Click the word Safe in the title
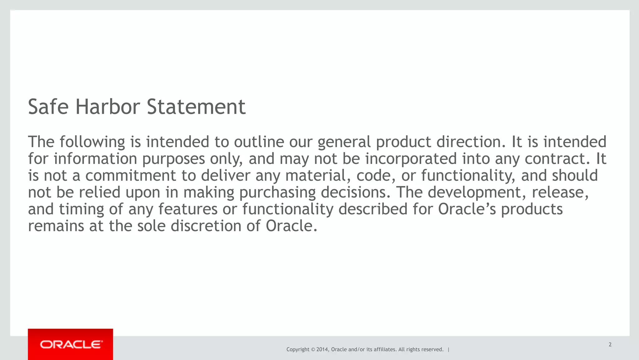(x=48, y=107)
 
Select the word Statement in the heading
(x=196, y=107)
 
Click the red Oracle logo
(x=71, y=344)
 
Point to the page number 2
(x=610, y=345)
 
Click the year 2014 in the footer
(x=322, y=349)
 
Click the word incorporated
(x=411, y=159)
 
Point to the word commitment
(x=130, y=175)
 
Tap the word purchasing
(x=277, y=192)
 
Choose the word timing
(x=81, y=209)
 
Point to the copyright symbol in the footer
(x=313, y=349)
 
